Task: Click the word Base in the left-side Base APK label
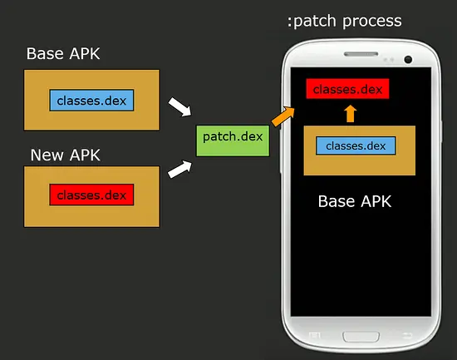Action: [x=46, y=54]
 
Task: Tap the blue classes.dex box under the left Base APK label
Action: [x=91, y=101]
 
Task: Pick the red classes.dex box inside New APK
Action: [x=91, y=195]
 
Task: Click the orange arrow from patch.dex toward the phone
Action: [x=283, y=116]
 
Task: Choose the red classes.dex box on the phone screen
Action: [x=348, y=88]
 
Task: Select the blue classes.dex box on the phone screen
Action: [x=356, y=146]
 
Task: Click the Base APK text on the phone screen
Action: [x=355, y=201]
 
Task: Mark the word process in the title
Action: [x=371, y=20]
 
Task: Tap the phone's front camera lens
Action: [x=408, y=59]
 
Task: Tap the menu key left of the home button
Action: [x=315, y=336]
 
